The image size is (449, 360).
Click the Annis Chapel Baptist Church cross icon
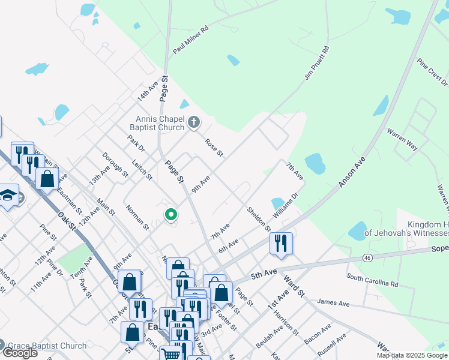click(x=193, y=123)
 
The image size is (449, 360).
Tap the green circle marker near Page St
click(x=171, y=214)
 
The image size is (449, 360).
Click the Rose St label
click(x=214, y=148)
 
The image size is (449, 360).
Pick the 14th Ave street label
click(x=147, y=91)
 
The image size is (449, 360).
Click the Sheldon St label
click(x=259, y=218)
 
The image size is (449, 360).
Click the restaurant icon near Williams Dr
click(x=281, y=243)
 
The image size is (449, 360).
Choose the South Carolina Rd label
click(x=372, y=280)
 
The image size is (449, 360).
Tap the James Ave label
click(x=333, y=303)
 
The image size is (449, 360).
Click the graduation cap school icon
click(x=8, y=196)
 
